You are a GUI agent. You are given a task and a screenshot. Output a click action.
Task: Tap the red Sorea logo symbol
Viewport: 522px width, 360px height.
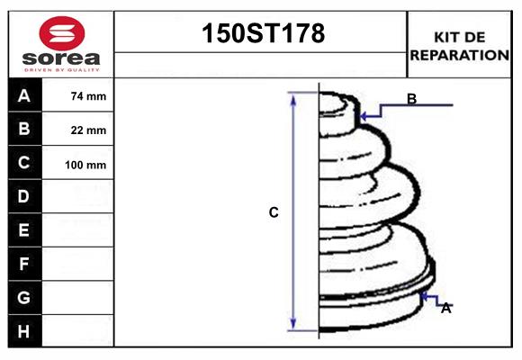[x=60, y=32]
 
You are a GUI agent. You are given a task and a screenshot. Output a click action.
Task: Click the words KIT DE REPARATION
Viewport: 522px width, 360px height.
[x=460, y=45]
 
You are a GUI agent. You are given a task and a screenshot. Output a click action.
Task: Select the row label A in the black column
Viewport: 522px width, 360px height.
[x=24, y=96]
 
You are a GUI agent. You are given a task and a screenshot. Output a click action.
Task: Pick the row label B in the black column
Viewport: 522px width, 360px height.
[x=24, y=130]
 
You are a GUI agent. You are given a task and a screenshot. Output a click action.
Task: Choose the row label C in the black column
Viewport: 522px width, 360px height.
[x=24, y=163]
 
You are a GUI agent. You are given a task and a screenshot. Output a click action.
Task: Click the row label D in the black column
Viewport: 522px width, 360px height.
[x=24, y=196]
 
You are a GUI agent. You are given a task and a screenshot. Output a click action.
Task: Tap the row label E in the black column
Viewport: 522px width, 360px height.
[x=24, y=230]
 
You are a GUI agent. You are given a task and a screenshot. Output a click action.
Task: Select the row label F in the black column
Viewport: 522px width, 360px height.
[x=24, y=264]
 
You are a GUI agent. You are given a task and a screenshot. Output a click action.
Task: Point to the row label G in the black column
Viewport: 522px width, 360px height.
[x=24, y=297]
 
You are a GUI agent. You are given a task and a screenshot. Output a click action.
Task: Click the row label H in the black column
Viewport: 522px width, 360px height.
[x=24, y=331]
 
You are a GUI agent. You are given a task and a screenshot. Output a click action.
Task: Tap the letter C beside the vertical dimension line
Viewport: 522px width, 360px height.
[x=274, y=213]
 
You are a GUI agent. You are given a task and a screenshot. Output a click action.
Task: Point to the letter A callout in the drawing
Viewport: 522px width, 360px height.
[x=445, y=308]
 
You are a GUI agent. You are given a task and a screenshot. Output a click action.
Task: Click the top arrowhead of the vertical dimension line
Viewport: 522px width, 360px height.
[x=292, y=96]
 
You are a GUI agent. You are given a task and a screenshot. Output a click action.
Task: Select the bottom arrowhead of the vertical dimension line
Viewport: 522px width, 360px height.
[x=292, y=326]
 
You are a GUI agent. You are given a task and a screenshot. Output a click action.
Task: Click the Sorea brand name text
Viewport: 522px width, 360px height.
[x=60, y=60]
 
